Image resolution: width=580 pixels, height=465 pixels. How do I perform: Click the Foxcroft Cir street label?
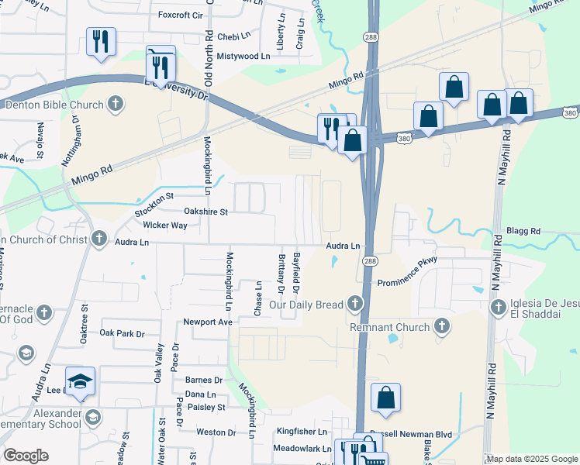coord(180,15)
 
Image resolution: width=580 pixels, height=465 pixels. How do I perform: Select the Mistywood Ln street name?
coord(243,56)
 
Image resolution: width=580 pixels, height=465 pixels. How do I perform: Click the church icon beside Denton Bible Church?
coord(115,104)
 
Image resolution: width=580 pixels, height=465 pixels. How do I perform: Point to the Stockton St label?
coord(152,204)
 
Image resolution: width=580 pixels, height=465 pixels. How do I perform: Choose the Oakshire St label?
coord(205,211)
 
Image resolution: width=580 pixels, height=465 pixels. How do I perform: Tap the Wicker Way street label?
coord(165,226)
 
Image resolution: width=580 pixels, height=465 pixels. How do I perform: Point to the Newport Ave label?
coord(208,322)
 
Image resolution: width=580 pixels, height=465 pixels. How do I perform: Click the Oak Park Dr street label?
coord(123,333)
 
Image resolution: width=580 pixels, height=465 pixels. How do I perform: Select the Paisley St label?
coord(205,407)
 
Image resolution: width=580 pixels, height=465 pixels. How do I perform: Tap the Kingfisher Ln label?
coord(302,432)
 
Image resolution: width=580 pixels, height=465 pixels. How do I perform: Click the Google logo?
coord(25,456)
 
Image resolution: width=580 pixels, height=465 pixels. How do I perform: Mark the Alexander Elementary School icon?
coord(93,418)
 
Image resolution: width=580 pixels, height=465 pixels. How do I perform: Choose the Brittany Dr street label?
coord(281,273)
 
